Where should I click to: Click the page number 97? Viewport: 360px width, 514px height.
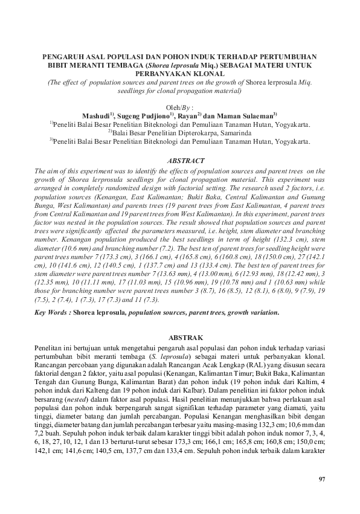321,480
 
